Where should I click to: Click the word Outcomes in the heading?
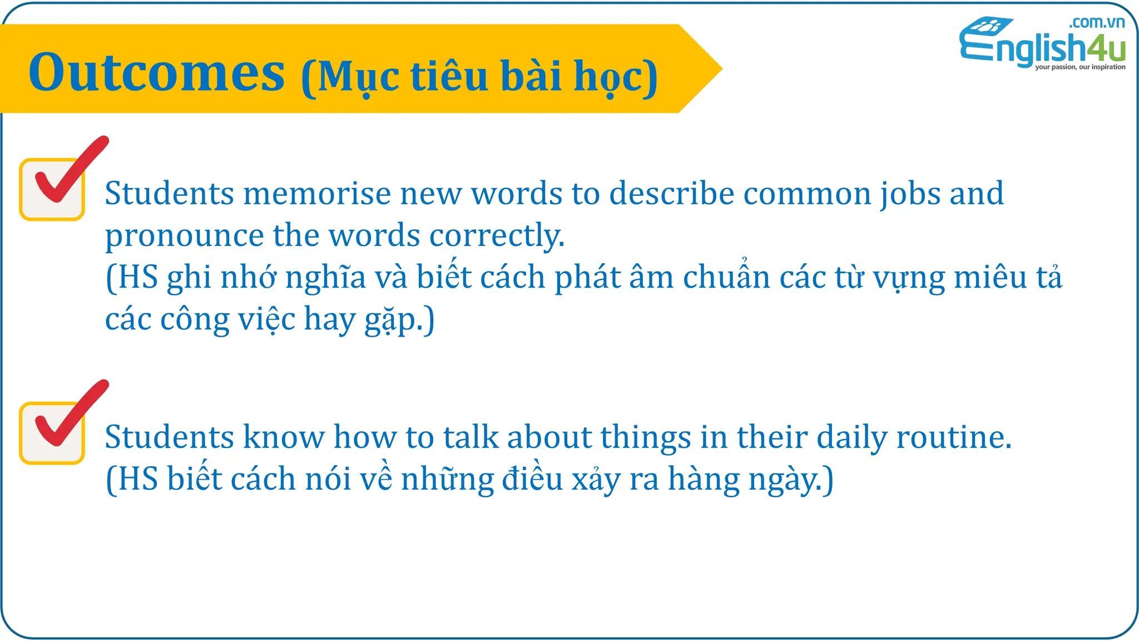click(157, 73)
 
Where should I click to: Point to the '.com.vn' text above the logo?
click(1096, 22)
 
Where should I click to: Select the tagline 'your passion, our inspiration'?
click(1080, 67)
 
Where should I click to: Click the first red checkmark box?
click(53, 189)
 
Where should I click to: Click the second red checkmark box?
click(53, 432)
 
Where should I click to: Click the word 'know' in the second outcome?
click(284, 437)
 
